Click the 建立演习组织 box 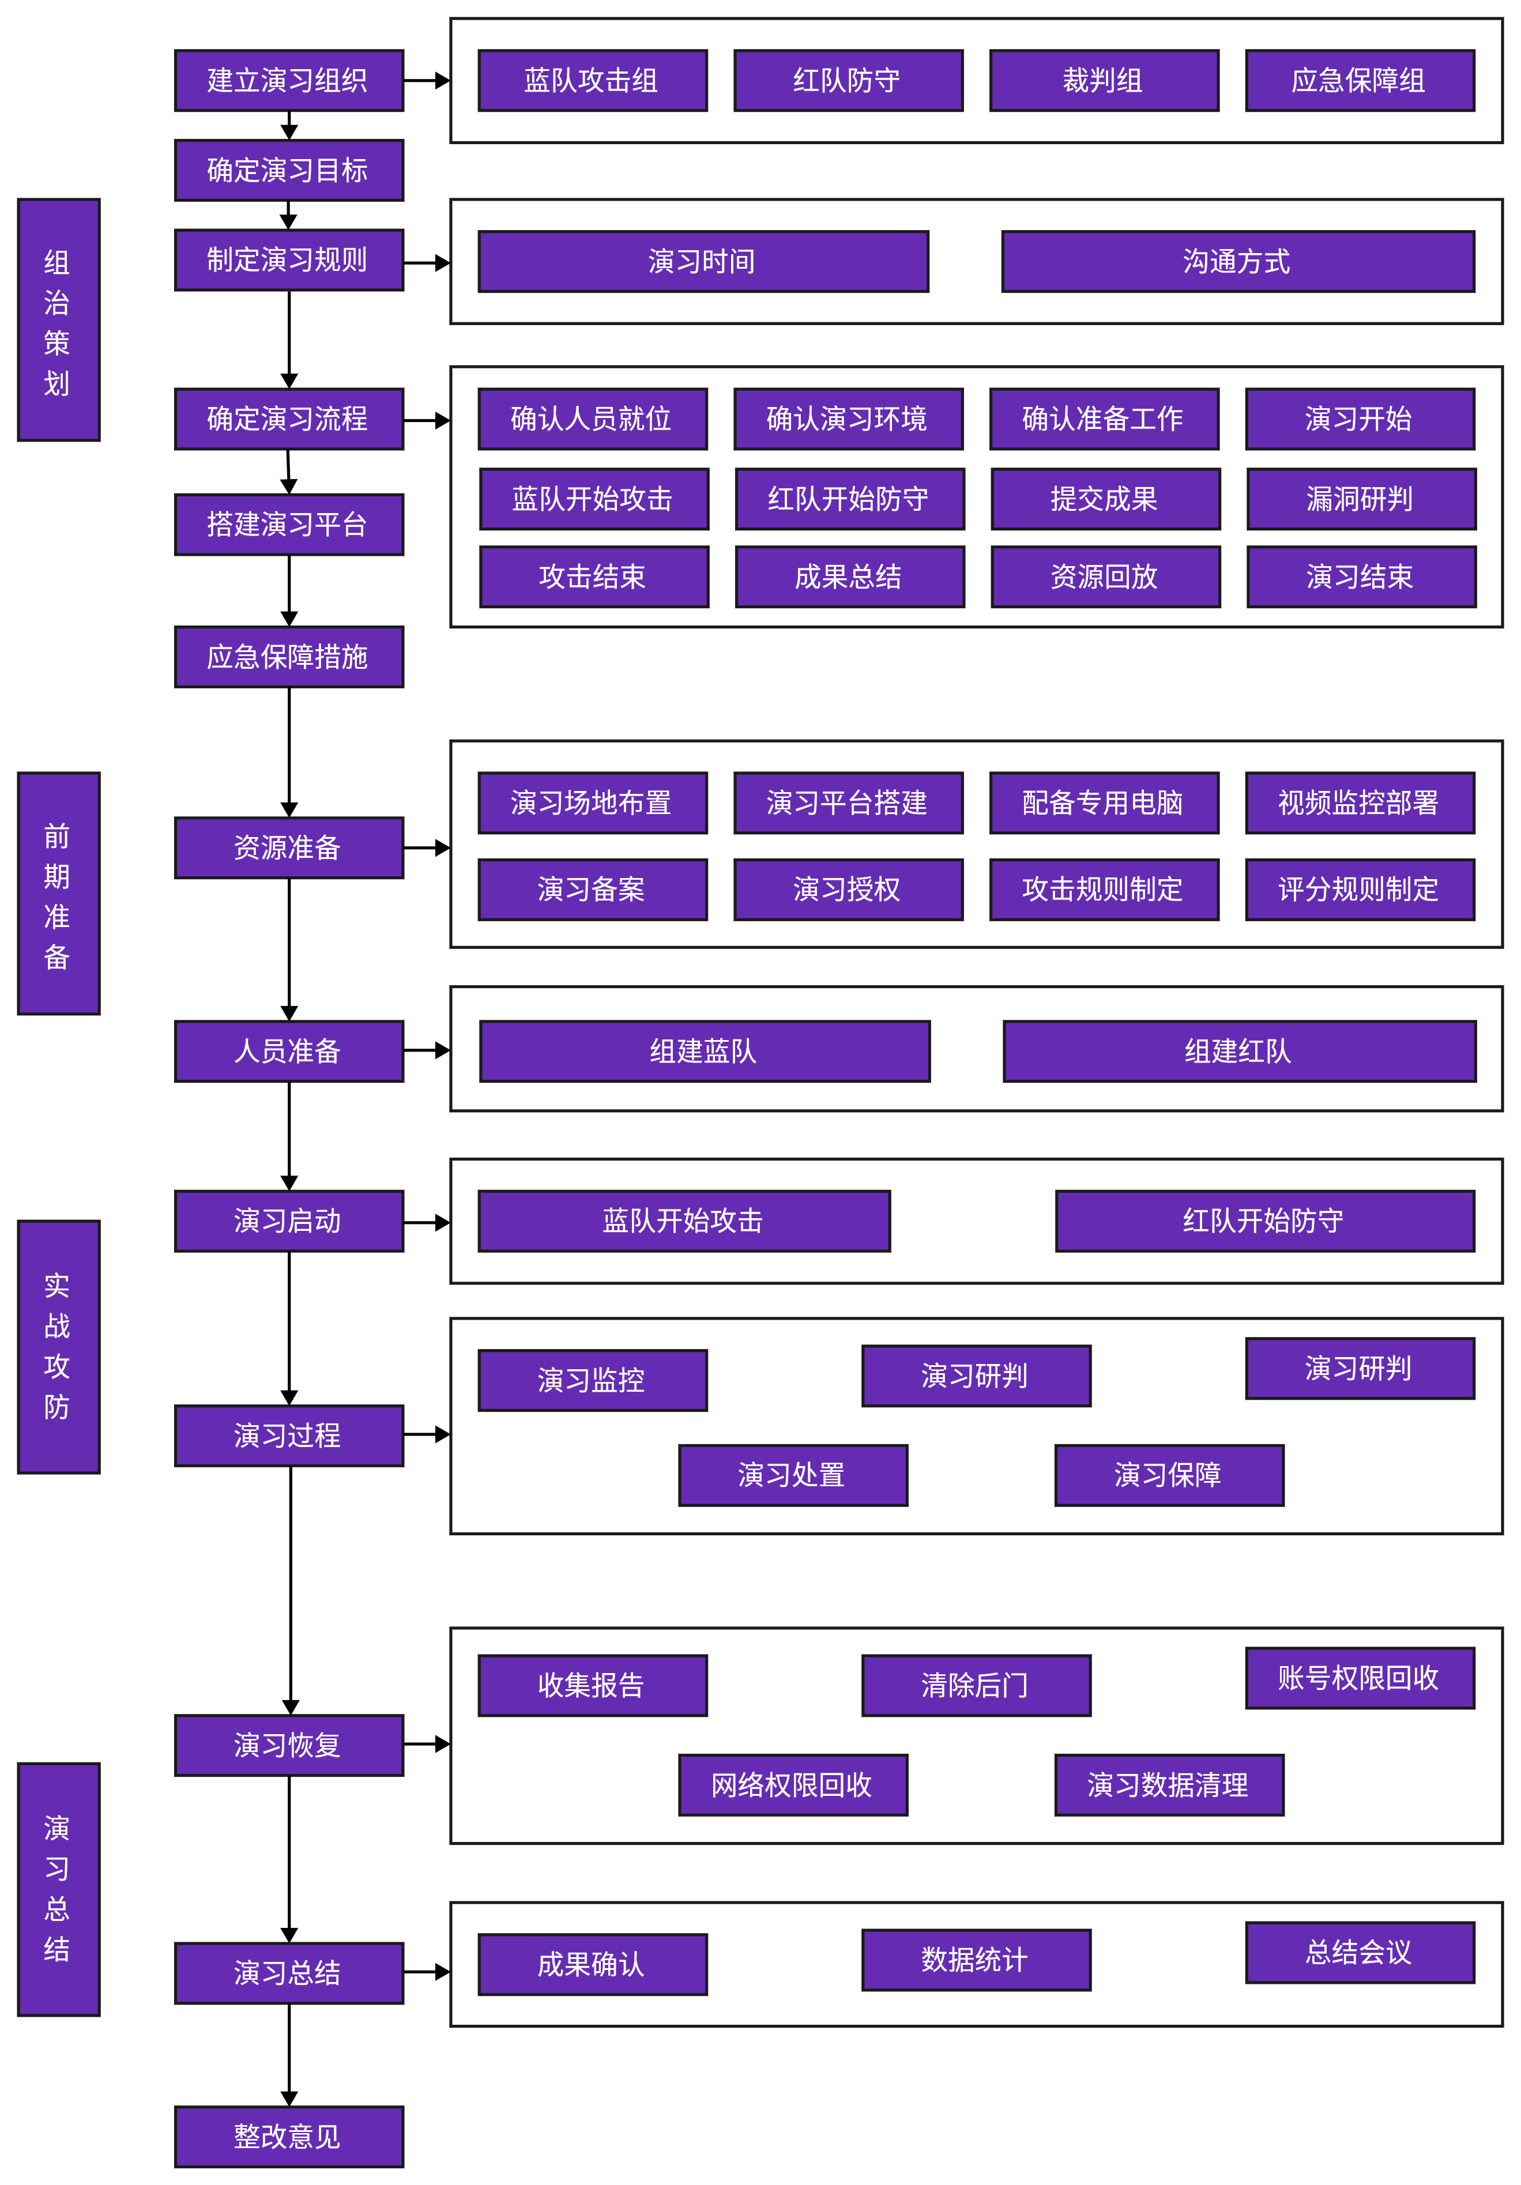point(288,81)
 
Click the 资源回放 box point(1104,577)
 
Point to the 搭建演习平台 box point(288,525)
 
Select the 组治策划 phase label point(58,320)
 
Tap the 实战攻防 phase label point(58,1347)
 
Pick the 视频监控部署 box point(1359,803)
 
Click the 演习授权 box point(847,890)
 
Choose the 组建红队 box point(1238,1052)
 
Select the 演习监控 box point(592,1380)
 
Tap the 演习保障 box point(1168,1475)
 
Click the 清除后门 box point(976,1685)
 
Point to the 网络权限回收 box point(792,1785)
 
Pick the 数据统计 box point(976,1960)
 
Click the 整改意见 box point(288,2137)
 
